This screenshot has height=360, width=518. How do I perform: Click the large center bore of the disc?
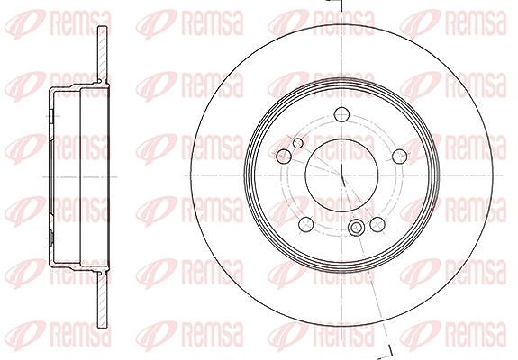[x=341, y=175]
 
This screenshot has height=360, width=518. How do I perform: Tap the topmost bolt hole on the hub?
[x=341, y=115]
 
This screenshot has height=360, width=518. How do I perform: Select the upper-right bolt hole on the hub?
[x=399, y=156]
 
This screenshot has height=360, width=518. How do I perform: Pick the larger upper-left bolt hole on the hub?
[x=284, y=156]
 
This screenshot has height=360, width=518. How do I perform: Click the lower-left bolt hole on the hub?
[x=305, y=224]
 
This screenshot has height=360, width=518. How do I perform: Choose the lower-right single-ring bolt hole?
[x=377, y=224]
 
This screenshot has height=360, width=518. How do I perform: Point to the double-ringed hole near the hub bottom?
[x=356, y=228]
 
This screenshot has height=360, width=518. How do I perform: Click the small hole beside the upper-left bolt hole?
[x=298, y=143]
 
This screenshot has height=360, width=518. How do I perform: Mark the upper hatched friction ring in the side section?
[x=103, y=54]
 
